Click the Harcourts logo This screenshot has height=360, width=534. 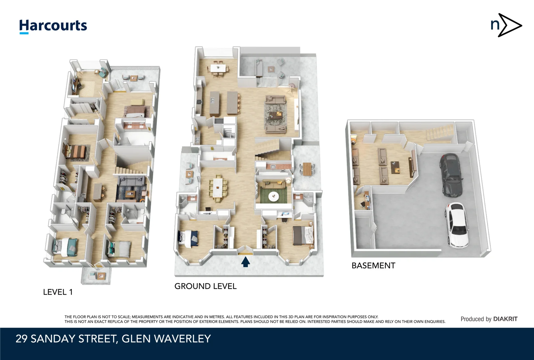(53, 26)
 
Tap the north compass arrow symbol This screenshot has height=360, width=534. (506, 25)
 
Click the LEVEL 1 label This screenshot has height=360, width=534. (58, 292)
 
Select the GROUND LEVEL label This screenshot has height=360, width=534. (205, 286)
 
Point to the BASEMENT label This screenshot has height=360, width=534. (373, 265)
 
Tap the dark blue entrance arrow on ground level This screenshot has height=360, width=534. (246, 262)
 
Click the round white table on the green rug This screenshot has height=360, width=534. (274, 196)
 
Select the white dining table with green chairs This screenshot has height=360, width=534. (218, 188)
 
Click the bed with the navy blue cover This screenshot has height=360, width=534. (189, 237)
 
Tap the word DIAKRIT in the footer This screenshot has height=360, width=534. (505, 319)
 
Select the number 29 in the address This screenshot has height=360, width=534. (22, 339)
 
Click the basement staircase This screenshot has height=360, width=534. (439, 132)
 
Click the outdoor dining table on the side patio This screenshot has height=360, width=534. (307, 168)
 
